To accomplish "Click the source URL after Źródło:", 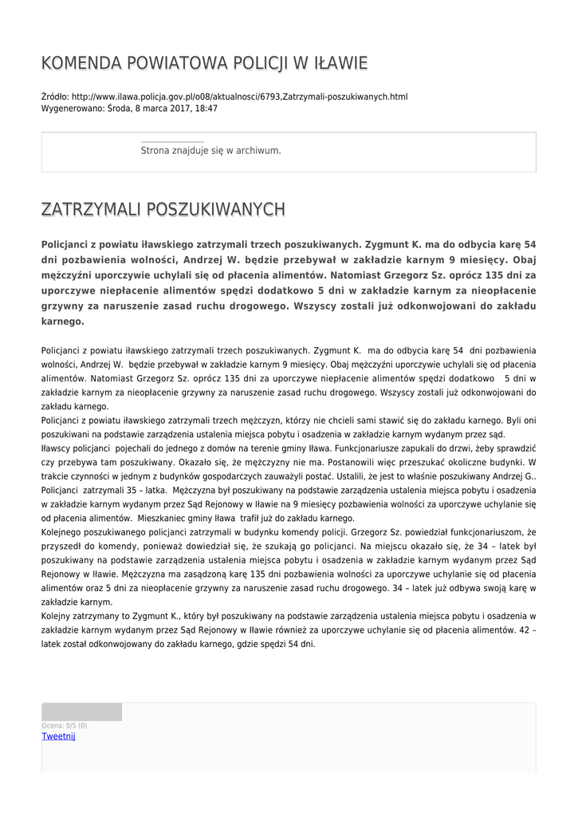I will [239, 97].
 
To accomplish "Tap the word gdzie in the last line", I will [245, 643].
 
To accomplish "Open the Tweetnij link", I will [58, 736].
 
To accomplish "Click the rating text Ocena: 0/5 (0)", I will [65, 725].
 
